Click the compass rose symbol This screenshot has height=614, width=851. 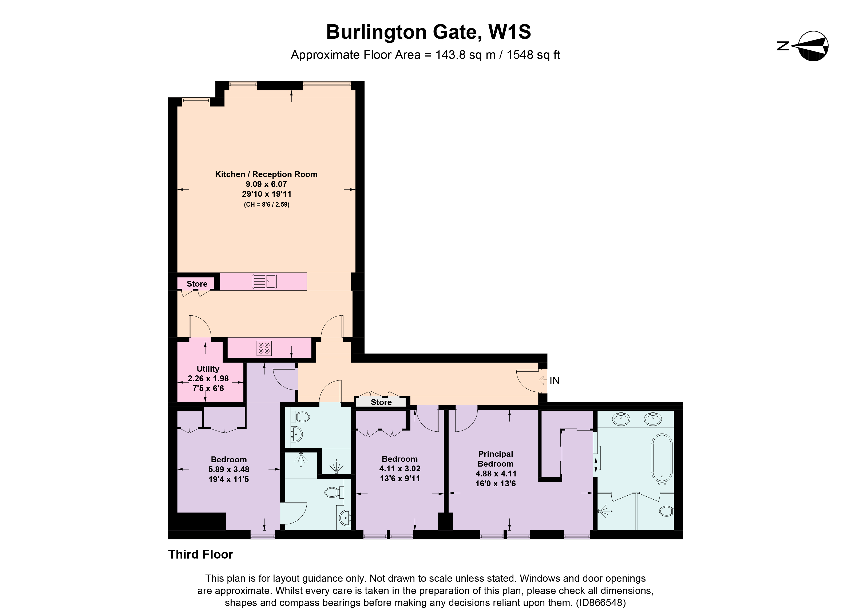[813, 46]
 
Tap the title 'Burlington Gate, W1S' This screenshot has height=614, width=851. [429, 32]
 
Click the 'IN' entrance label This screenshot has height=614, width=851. [555, 381]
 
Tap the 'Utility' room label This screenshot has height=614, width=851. [208, 369]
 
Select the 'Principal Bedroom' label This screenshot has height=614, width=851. [495, 459]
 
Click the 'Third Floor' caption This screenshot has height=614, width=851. [201, 554]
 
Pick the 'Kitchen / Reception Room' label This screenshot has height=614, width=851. [266, 174]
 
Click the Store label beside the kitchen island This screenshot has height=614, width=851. [197, 284]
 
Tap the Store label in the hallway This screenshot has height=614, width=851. [381, 402]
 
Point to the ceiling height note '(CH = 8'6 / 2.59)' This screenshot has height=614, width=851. [267, 205]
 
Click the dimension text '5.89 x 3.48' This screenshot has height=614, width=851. [229, 469]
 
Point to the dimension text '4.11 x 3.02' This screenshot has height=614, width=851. [400, 468]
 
